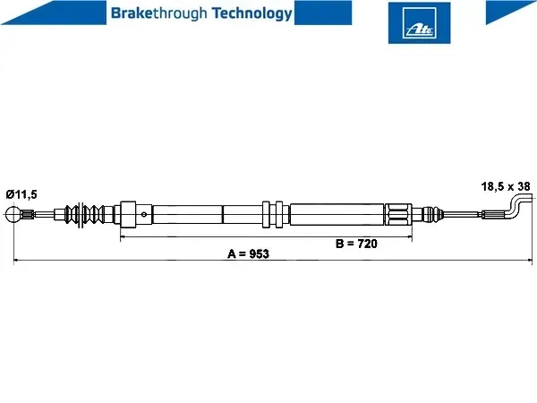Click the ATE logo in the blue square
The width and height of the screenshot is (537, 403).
[x=419, y=23]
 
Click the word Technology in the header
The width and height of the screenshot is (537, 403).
[x=252, y=13]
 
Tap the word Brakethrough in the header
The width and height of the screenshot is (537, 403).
[x=159, y=13]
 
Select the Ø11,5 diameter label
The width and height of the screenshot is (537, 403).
[x=21, y=194]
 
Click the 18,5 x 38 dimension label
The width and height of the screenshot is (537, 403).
[x=506, y=186]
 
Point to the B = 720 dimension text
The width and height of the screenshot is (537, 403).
[x=356, y=244]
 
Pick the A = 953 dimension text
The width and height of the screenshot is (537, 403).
[x=248, y=254]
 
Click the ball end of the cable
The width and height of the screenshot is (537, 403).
[x=13, y=214]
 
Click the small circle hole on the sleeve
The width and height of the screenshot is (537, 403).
[x=144, y=215]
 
